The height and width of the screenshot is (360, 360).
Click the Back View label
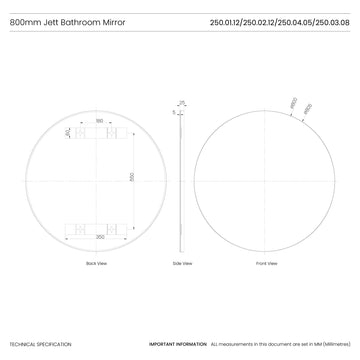click(x=96, y=263)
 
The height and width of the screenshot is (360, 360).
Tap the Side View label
click(x=182, y=263)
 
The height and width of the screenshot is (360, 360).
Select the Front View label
click(x=267, y=263)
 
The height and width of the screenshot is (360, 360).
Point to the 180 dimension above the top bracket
click(x=99, y=122)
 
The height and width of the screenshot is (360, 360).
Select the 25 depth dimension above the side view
click(x=182, y=100)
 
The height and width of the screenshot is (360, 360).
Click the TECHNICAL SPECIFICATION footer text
click(x=41, y=344)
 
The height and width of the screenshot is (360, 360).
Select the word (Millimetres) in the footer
click(x=330, y=344)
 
